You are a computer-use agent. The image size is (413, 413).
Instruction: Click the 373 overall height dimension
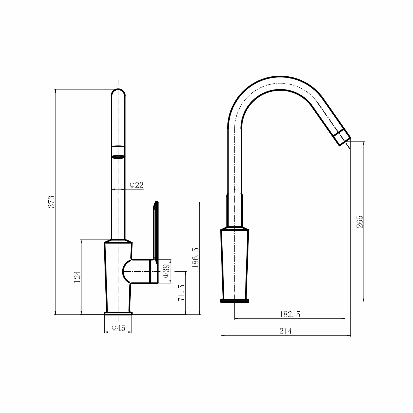(x=51, y=201)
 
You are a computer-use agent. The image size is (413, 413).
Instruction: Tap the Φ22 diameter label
(x=137, y=185)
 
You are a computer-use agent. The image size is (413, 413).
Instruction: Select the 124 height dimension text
(x=77, y=276)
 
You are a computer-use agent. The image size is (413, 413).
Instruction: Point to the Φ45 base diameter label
(x=119, y=328)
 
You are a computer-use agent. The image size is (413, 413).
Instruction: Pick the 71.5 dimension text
(x=181, y=293)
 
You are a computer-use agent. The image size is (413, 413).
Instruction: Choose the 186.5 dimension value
(x=195, y=258)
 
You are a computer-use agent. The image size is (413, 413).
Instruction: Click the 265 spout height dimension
(x=360, y=222)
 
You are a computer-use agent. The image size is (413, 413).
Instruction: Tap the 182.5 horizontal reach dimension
(x=290, y=314)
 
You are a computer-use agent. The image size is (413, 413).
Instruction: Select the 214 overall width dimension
(x=286, y=332)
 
